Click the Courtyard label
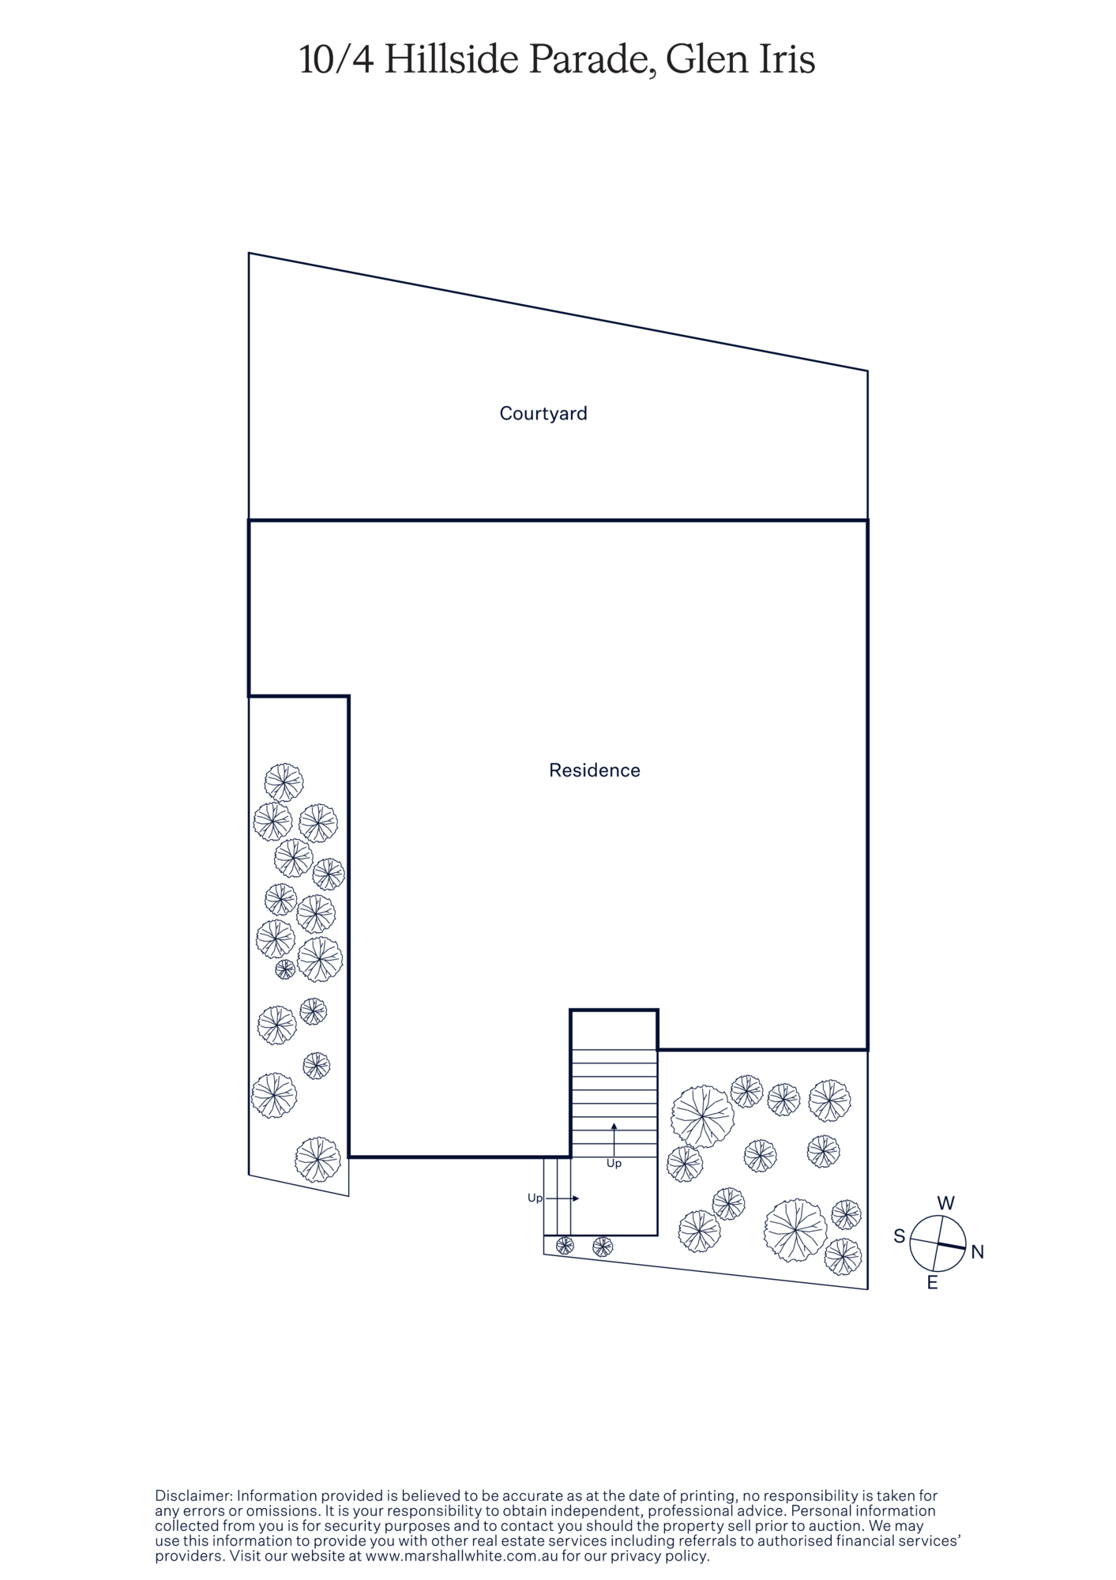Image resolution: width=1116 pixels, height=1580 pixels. [543, 414]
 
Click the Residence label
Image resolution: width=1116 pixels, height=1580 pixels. [595, 770]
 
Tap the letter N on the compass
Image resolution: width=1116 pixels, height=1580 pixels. [977, 1252]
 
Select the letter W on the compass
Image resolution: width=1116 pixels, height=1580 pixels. [945, 1203]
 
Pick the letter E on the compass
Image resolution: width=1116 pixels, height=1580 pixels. [932, 1284]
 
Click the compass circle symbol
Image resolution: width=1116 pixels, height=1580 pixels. [938, 1243]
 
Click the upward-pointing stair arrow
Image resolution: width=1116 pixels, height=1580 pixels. [614, 1139]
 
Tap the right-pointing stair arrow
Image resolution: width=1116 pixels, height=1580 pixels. [562, 1198]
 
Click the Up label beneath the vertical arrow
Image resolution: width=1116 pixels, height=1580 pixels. [614, 1164]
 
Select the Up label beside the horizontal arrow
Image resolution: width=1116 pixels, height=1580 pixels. [535, 1198]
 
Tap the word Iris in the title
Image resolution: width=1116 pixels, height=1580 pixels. [783, 60]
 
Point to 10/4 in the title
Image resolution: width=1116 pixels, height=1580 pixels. [336, 60]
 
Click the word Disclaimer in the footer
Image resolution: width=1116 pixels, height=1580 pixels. [194, 1495]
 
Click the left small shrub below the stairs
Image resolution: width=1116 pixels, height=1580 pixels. [565, 1246]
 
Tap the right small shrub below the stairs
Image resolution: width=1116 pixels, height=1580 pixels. [603, 1247]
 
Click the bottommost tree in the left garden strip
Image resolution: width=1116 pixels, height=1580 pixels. [318, 1160]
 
